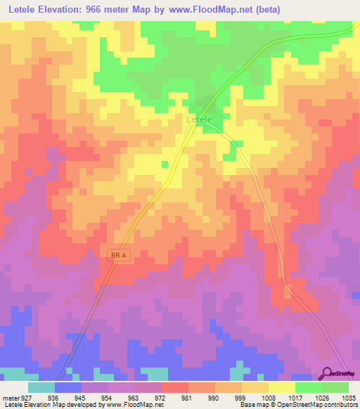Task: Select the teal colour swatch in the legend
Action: [41, 387]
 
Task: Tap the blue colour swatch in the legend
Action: [68, 387]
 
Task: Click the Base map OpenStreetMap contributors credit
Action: [298, 405]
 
